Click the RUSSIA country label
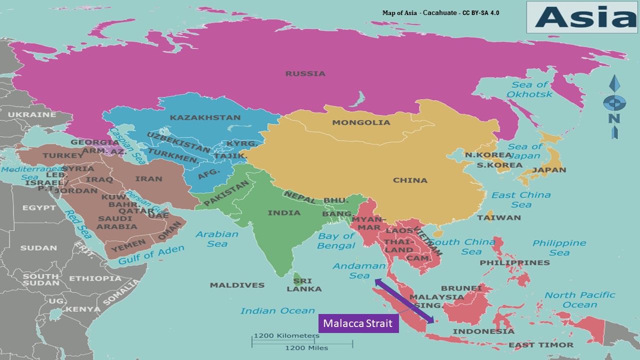(x=305, y=73)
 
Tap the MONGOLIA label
(x=361, y=122)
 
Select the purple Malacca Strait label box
(x=357, y=323)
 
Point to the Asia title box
(x=581, y=17)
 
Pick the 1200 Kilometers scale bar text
(x=286, y=335)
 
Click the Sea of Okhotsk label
(x=529, y=89)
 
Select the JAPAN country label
(x=549, y=170)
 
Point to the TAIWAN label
(x=498, y=217)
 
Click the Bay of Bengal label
(x=336, y=240)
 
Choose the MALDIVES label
(x=237, y=285)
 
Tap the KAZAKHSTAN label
(x=205, y=118)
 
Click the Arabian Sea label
(x=217, y=239)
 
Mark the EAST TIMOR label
(x=541, y=345)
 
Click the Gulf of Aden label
(x=151, y=254)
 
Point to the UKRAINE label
(x=32, y=114)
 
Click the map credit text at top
(x=440, y=12)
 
